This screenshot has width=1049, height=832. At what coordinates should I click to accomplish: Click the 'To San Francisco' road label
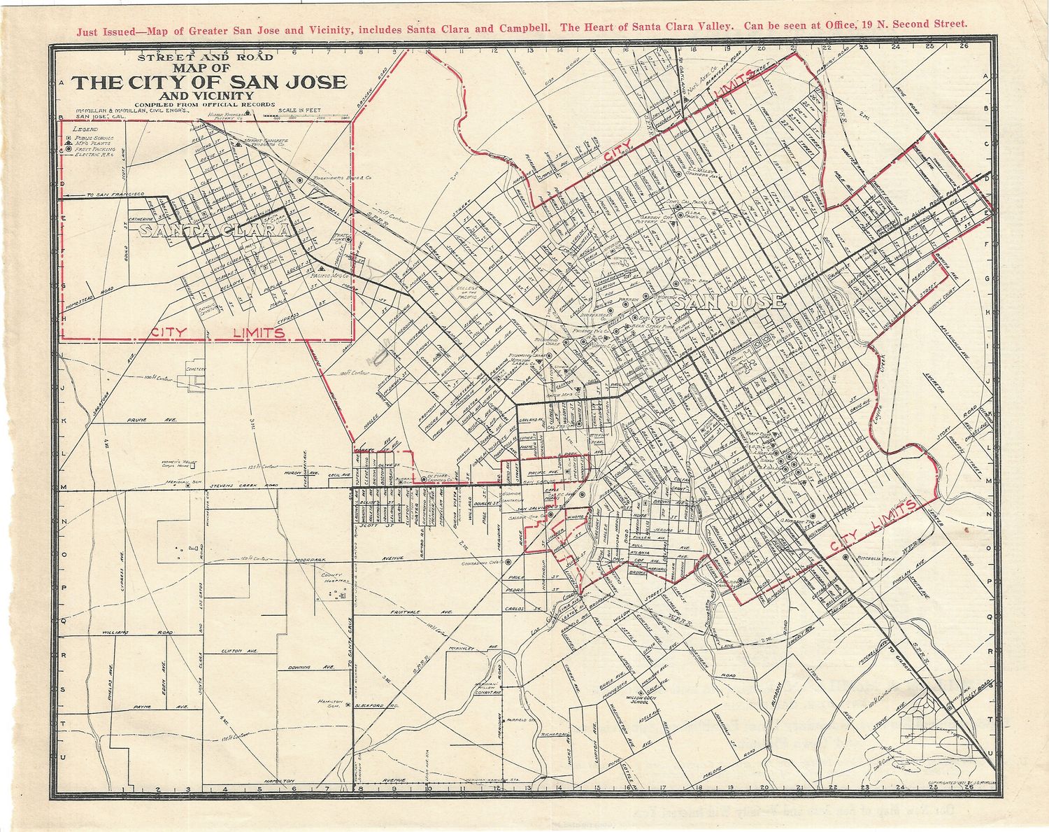(x=115, y=194)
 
